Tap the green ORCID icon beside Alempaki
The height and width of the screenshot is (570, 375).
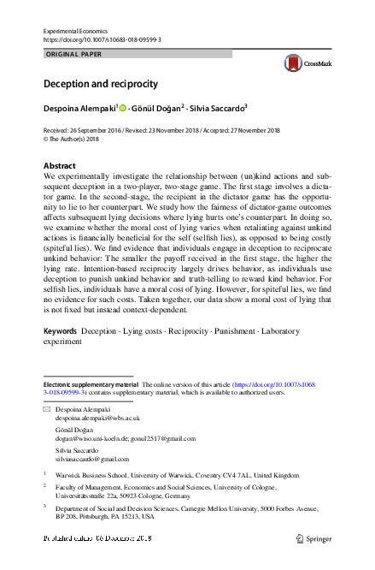coord(122,109)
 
